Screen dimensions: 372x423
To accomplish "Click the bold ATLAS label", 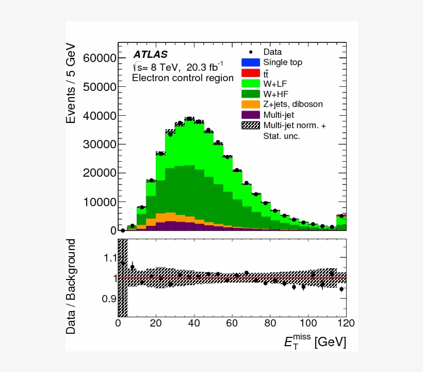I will pyautogui.click(x=151, y=54).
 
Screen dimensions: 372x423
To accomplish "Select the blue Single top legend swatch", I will pyautogui.click(x=251, y=63).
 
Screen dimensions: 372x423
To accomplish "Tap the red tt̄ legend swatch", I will pyautogui.click(x=251, y=73).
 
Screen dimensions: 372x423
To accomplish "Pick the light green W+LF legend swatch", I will pyautogui.click(x=251, y=83).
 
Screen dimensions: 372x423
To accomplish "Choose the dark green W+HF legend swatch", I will pyautogui.click(x=251, y=94).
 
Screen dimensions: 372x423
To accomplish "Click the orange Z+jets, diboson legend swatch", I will pyautogui.click(x=251, y=104).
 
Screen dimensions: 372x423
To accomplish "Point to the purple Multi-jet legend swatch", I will pyautogui.click(x=251, y=114).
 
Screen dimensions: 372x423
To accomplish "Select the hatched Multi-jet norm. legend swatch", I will pyautogui.click(x=251, y=125).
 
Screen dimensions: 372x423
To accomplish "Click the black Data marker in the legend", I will pyautogui.click(x=251, y=52).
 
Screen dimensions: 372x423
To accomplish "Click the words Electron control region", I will pyautogui.click(x=183, y=79).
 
